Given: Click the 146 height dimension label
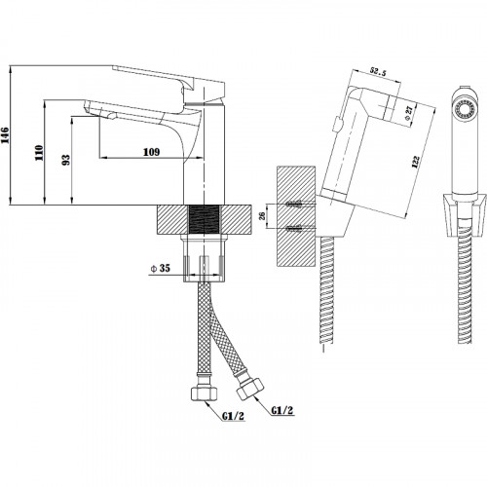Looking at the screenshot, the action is (5, 135).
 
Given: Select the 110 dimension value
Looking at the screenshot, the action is (39, 153).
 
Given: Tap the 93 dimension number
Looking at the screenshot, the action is (66, 160).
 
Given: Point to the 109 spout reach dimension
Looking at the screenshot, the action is (152, 152).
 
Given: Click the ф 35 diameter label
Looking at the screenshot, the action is (161, 268).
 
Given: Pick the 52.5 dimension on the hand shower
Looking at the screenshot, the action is (378, 72).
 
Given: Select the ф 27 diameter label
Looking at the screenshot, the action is (409, 113).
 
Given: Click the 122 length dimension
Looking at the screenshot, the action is (416, 162).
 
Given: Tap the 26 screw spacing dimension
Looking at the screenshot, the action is (262, 216).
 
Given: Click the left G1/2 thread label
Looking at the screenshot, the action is (233, 416).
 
